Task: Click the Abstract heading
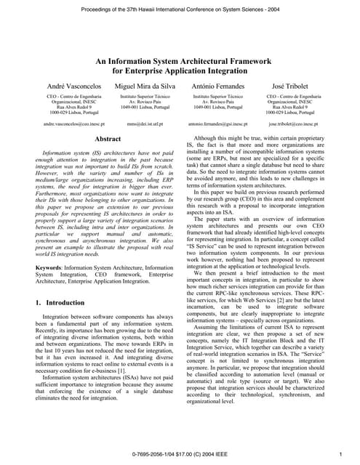[x=108, y=138]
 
